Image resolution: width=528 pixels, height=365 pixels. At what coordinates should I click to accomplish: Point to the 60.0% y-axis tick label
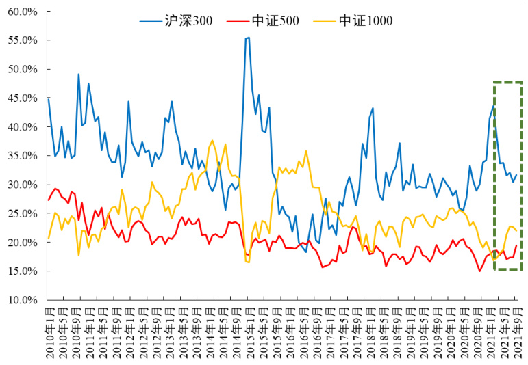coord(23,12)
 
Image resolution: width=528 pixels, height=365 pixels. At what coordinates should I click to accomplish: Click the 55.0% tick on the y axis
coord(23,40)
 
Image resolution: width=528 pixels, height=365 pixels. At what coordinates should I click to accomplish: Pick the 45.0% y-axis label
coord(23,98)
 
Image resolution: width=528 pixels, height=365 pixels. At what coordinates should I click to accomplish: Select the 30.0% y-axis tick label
coord(23,185)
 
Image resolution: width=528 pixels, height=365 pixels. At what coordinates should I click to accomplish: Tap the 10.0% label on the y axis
coord(23,299)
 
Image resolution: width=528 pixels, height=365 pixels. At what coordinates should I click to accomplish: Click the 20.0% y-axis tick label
coord(23,242)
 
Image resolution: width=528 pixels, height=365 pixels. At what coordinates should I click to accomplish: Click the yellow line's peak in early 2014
coord(212,140)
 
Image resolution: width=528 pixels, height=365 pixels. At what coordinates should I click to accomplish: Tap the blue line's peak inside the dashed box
coord(494,106)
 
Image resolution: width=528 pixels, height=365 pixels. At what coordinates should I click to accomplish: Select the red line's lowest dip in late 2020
coord(480,271)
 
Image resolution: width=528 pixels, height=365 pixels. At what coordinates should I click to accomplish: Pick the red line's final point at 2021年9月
coord(516,245)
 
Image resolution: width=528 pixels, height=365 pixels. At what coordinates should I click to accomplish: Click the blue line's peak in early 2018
coord(373,108)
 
